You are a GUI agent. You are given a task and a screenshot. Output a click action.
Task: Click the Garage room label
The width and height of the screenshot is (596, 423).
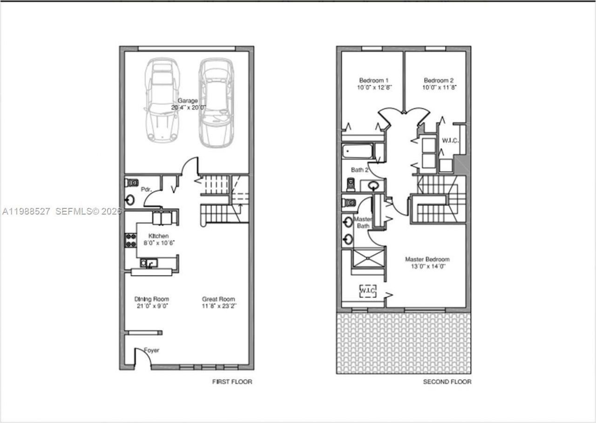click(187, 101)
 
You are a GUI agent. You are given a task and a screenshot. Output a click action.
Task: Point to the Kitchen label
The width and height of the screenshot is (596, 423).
click(158, 236)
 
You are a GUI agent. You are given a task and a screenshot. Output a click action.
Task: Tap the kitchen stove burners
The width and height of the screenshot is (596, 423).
click(130, 240)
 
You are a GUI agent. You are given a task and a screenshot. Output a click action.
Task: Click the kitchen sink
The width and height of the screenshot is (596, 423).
click(149, 264)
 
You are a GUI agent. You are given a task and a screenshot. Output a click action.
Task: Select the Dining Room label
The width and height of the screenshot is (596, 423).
click(151, 299)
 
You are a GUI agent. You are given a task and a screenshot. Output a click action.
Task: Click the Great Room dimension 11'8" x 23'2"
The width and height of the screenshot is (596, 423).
click(218, 306)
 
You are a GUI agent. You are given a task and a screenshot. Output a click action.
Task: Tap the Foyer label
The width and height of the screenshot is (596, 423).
click(151, 350)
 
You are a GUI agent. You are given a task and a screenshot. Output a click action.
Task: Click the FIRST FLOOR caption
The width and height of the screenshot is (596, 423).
click(232, 382)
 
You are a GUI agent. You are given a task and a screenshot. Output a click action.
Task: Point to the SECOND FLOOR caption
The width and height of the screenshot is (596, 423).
click(447, 382)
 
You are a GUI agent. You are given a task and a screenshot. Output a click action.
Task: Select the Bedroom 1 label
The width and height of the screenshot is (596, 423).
click(372, 80)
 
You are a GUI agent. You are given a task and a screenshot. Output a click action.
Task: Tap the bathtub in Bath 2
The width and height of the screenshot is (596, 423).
click(357, 152)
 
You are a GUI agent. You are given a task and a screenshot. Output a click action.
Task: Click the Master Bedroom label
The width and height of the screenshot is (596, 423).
click(427, 259)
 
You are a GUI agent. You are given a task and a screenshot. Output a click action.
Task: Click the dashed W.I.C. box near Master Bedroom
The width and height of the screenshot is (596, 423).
click(367, 291)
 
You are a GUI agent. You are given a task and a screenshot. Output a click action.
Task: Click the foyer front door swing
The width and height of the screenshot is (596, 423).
click(142, 358)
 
